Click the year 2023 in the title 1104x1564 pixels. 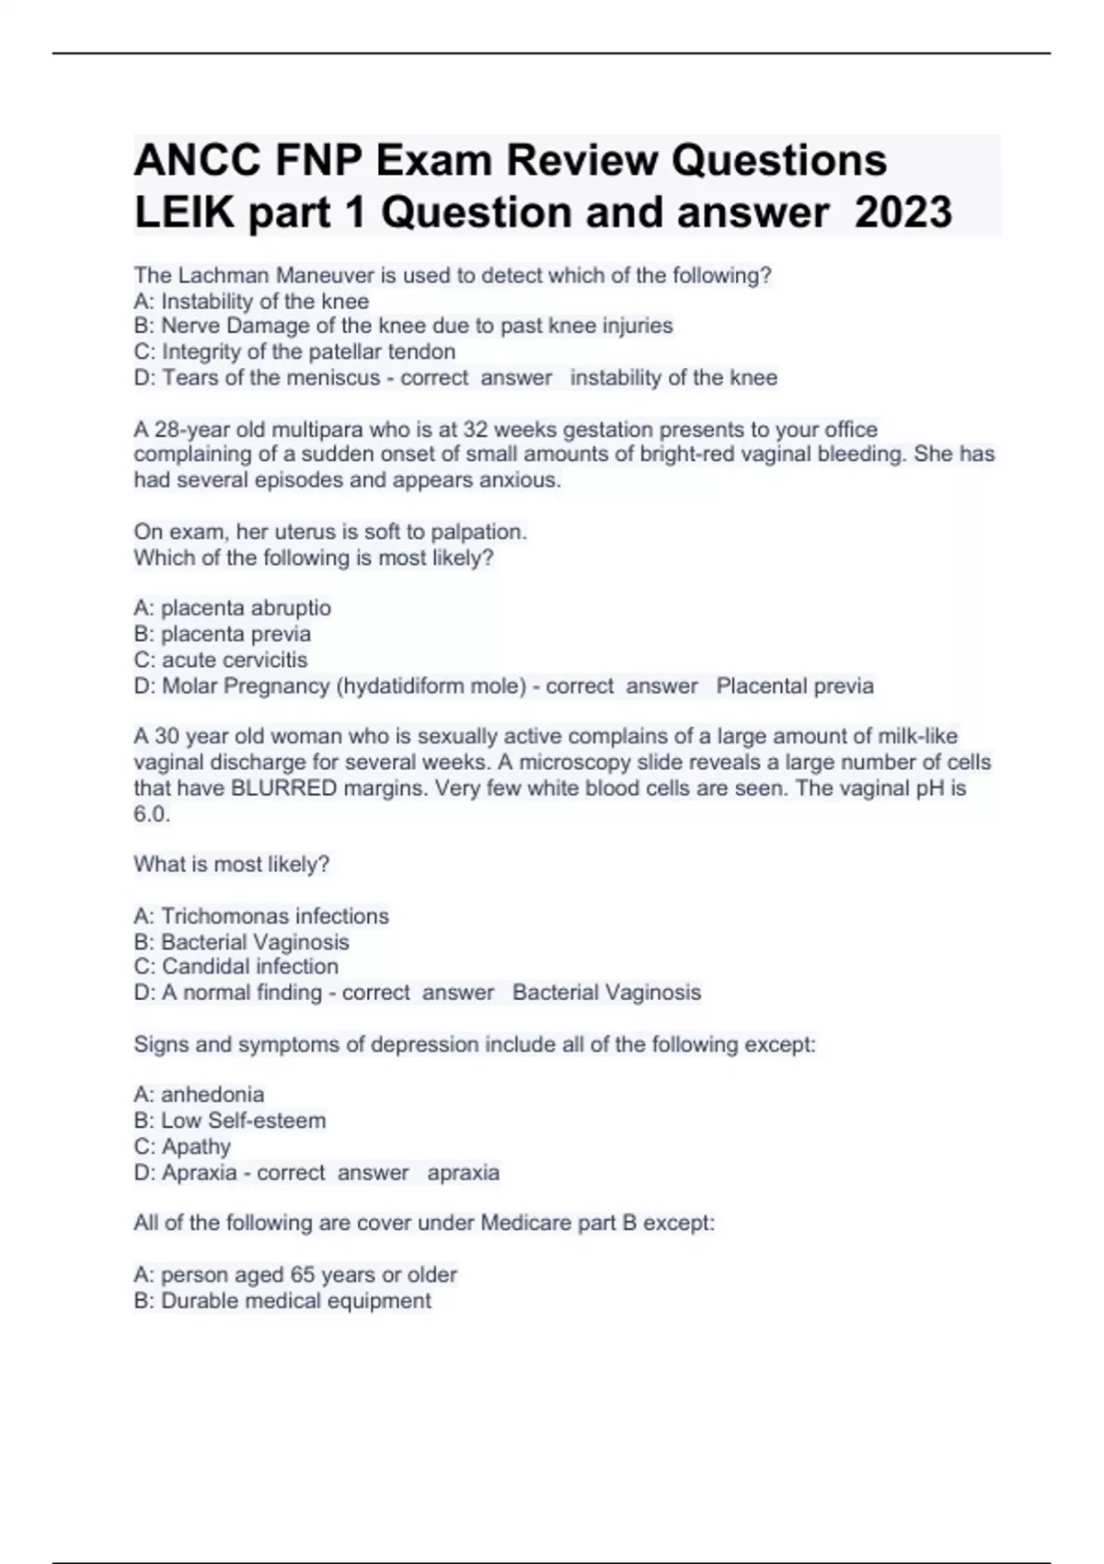click(x=903, y=213)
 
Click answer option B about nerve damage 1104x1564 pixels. click(x=403, y=326)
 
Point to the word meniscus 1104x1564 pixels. click(x=332, y=377)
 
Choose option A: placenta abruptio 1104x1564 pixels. click(x=232, y=608)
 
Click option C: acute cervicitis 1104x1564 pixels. click(x=221, y=660)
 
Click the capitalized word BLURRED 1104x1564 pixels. click(x=284, y=788)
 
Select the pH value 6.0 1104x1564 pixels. click(x=151, y=814)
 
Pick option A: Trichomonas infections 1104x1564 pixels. click(x=261, y=916)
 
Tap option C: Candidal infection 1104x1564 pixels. click(x=236, y=966)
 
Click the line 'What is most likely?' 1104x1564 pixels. click(x=232, y=864)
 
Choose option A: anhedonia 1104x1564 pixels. click(x=199, y=1095)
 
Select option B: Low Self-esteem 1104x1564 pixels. click(x=230, y=1121)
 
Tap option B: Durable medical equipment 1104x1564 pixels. click(x=282, y=1300)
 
